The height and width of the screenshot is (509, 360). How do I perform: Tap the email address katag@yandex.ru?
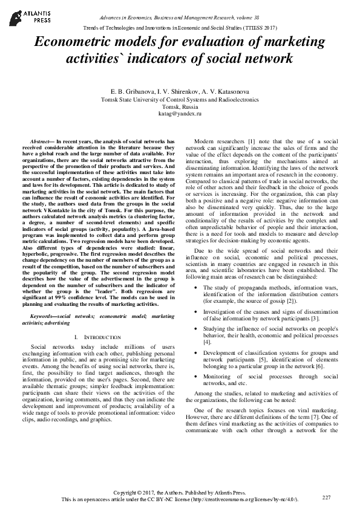180,113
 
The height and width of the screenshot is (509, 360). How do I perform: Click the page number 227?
327,497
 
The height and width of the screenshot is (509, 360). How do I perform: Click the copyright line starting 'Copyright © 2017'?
180,493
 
